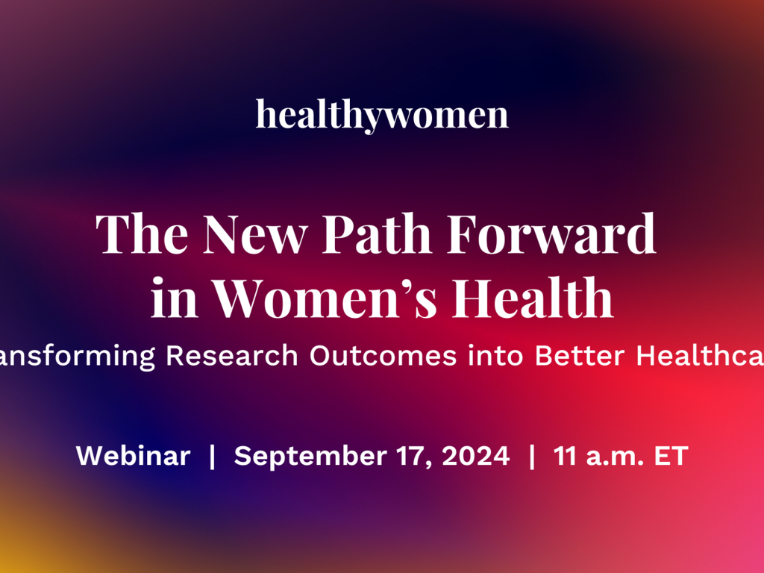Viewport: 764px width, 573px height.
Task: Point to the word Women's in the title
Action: [x=331, y=298]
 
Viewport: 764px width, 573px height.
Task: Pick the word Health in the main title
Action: [x=534, y=298]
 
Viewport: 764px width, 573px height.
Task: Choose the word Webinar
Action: [x=134, y=456]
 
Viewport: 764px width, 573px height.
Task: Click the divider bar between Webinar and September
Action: [x=213, y=456]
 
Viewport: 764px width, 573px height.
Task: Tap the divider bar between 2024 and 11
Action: [x=532, y=456]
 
